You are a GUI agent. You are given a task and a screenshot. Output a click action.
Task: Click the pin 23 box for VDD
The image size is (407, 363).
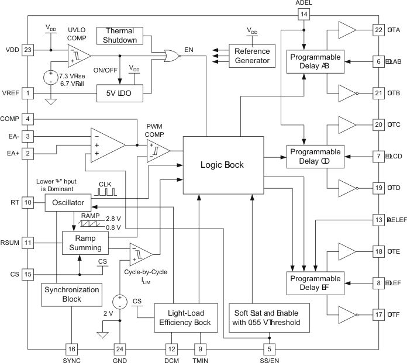[27, 50]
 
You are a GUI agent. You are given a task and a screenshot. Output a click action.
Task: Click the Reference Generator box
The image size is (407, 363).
[252, 56]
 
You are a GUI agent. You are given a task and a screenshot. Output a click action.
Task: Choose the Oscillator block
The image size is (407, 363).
[68, 203]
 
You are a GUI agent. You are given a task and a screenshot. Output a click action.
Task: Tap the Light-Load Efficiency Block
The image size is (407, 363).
[185, 317]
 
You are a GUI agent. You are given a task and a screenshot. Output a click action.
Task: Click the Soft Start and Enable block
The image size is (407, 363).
[268, 317]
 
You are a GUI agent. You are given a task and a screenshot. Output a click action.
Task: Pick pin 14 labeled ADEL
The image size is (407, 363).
[303, 14]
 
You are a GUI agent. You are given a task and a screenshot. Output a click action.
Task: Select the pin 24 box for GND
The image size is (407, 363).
[119, 349]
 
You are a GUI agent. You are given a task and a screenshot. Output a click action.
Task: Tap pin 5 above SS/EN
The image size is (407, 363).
[270, 349]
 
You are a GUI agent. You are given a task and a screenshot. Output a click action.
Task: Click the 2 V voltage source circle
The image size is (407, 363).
[119, 302]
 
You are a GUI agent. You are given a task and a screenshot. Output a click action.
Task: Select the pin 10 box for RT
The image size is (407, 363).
[27, 203]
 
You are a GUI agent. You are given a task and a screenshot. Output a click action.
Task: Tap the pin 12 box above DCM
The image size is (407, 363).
[171, 349]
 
